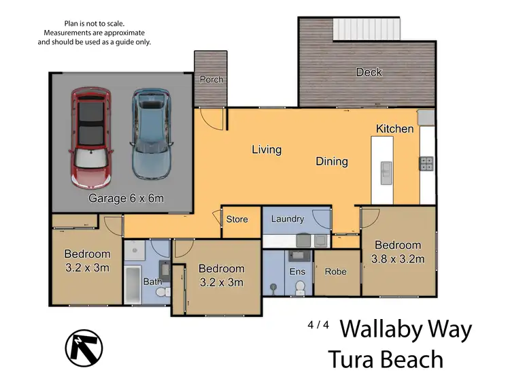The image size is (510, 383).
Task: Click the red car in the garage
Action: pyautogui.click(x=91, y=139)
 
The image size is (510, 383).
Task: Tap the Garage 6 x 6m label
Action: pyautogui.click(x=126, y=199)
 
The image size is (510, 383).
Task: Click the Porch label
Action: pyautogui.click(x=211, y=80)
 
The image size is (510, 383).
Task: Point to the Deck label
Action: pyautogui.click(x=369, y=72)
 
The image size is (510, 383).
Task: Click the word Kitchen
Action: pyautogui.click(x=394, y=129)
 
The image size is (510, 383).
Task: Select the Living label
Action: pyautogui.click(x=267, y=150)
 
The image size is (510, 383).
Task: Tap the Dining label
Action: pyautogui.click(x=332, y=162)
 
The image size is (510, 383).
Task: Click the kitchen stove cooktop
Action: pyautogui.click(x=427, y=163)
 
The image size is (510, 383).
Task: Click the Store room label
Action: pyautogui.click(x=237, y=219)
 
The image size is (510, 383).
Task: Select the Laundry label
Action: pyautogui.click(x=287, y=219)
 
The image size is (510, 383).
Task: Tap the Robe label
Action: pyautogui.click(x=335, y=271)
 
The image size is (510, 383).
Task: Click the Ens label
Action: pyautogui.click(x=298, y=271)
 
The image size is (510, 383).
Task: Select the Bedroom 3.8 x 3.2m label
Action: pyautogui.click(x=398, y=252)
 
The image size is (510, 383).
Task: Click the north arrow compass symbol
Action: pyautogui.click(x=84, y=348)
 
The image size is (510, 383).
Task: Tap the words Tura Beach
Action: pyautogui.click(x=386, y=359)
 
